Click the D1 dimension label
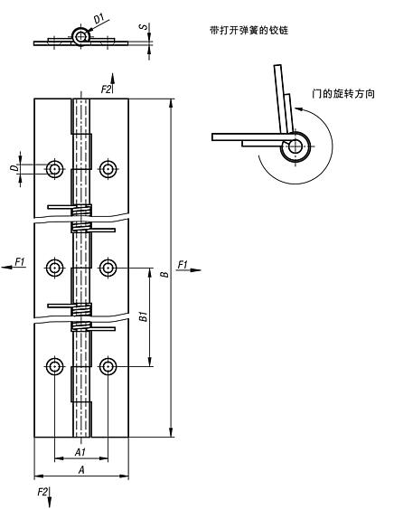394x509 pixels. point(98,15)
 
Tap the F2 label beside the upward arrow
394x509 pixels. point(105,89)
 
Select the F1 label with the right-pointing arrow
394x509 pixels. point(183,264)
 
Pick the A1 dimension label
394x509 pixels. point(80,451)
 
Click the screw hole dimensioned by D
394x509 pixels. point(56,168)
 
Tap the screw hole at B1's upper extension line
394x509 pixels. point(108,267)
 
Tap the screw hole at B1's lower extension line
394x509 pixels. point(108,365)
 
